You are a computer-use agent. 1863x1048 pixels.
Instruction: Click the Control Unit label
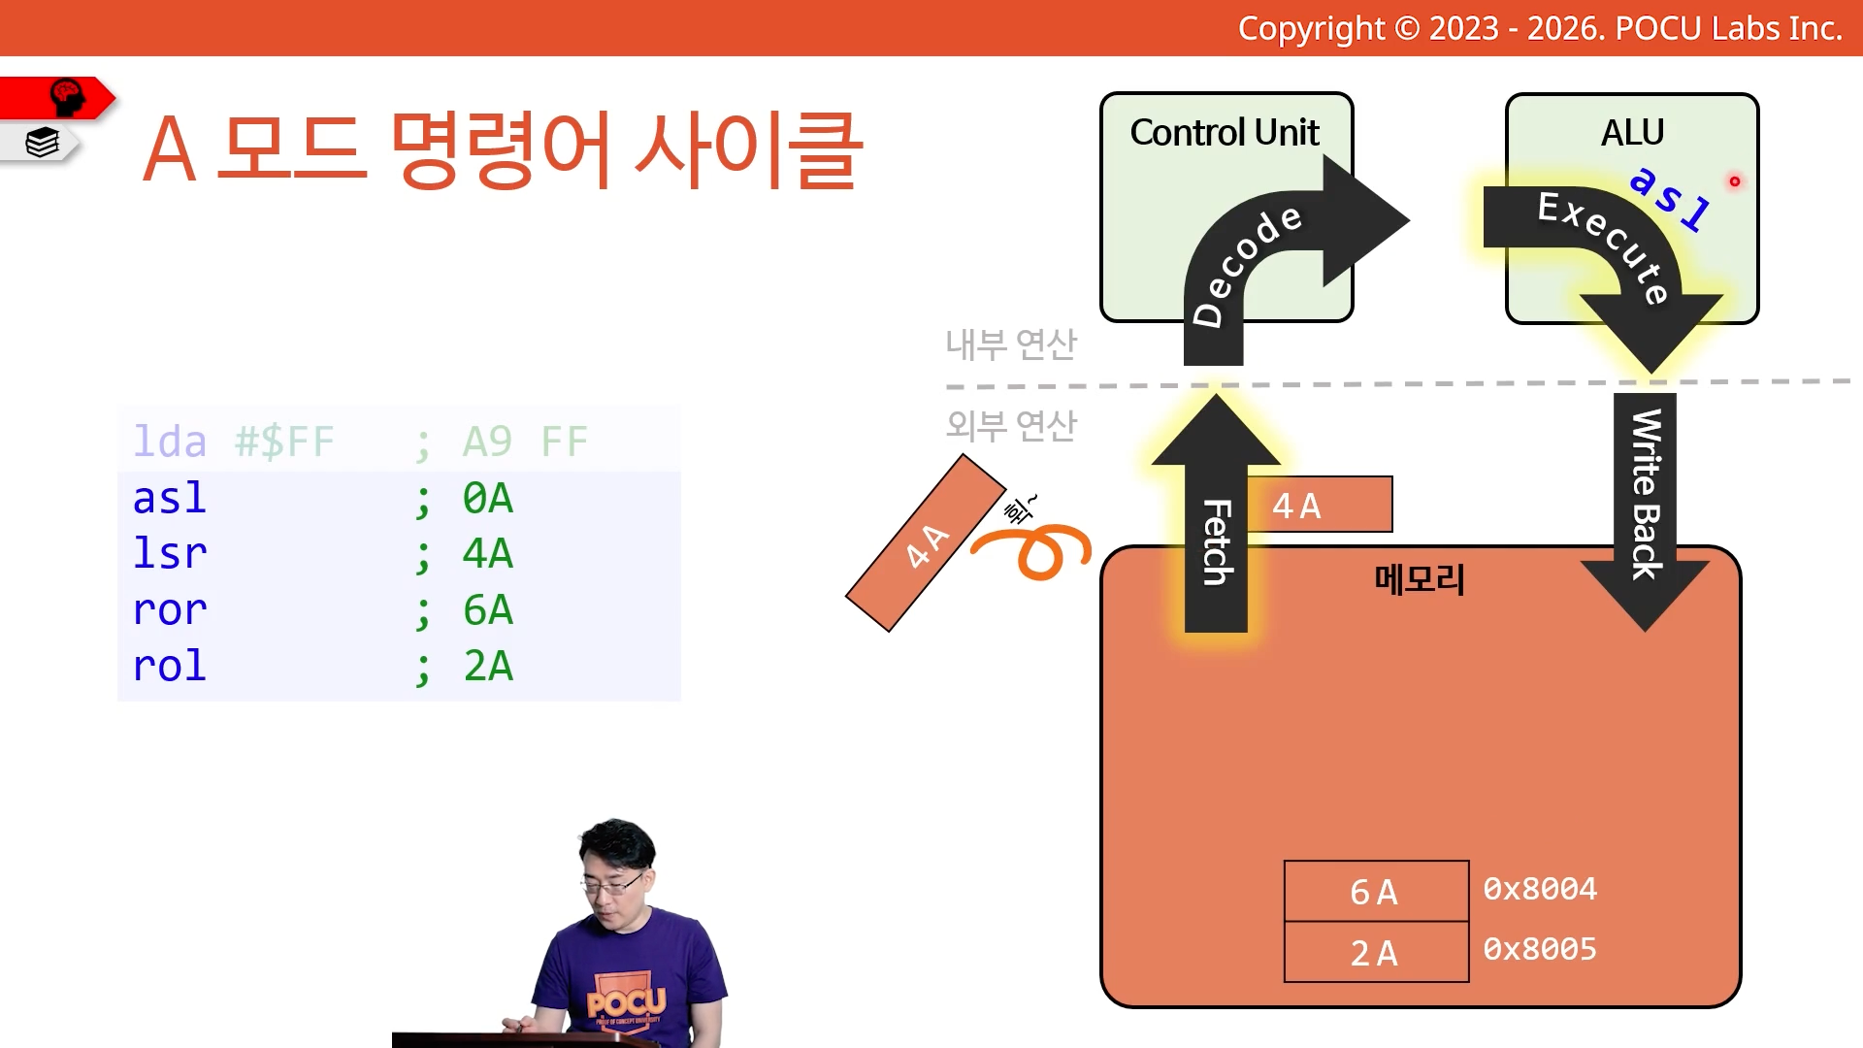1225,132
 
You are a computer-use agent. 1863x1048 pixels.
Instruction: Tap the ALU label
1632,132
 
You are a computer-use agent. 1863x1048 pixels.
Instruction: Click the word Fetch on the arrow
1217,541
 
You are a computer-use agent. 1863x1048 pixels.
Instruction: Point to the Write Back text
1646,494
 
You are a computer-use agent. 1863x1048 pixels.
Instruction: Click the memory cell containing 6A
1376,891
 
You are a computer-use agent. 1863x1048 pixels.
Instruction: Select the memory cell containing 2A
1376,952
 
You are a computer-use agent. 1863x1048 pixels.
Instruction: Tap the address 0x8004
1540,888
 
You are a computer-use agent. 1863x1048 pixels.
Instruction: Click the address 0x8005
1540,948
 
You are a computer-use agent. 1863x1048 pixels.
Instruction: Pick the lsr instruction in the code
170,553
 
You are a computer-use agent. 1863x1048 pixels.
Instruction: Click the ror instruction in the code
170,610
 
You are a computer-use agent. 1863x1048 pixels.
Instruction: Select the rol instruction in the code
170,666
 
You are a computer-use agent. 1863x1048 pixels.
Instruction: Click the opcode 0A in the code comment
487,499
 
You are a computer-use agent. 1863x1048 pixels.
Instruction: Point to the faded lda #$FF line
360,442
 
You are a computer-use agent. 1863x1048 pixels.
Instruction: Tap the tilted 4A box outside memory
926,542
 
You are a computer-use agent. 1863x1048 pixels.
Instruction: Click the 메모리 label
1420,579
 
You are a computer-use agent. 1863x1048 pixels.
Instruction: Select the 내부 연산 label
1011,344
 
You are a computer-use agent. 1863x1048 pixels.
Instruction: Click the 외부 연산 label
1011,424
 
